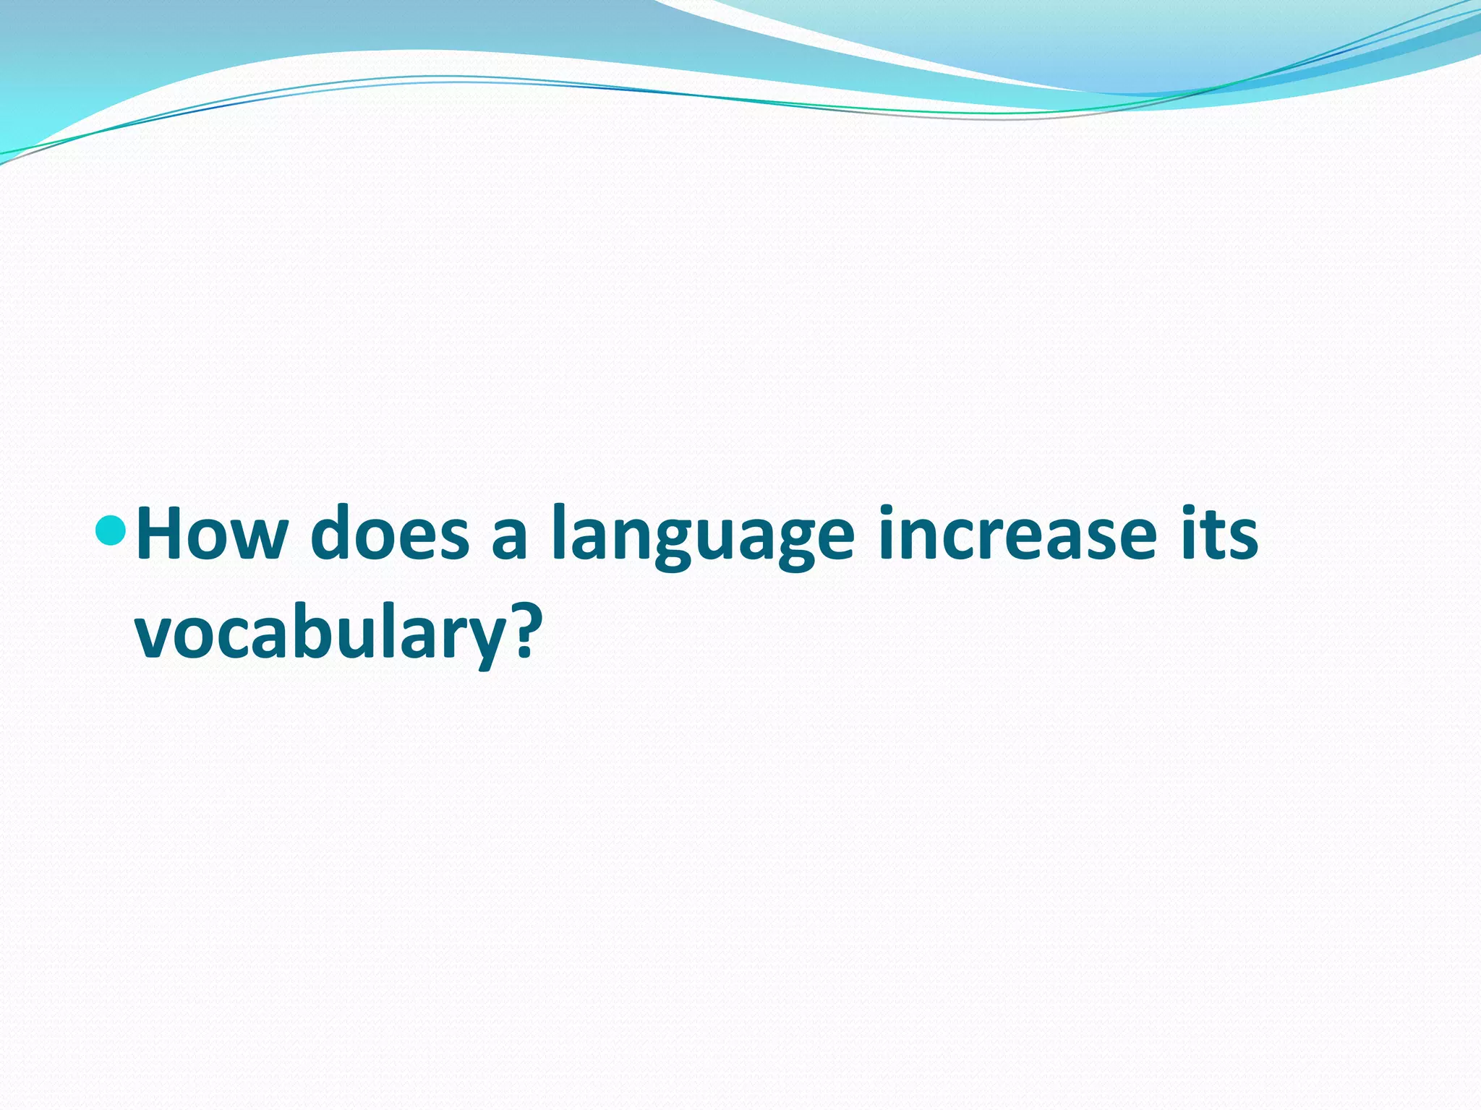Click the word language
(702, 538)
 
